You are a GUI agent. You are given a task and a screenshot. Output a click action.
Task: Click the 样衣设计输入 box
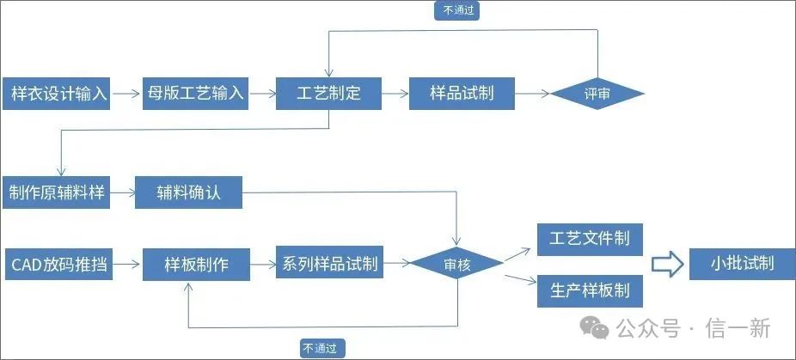tap(59, 93)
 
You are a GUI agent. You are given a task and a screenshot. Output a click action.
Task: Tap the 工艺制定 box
tap(328, 93)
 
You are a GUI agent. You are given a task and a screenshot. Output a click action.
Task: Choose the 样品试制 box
tap(462, 93)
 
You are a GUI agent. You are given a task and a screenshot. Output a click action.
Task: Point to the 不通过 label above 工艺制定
tap(457, 10)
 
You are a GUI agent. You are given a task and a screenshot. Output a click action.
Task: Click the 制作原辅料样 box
tap(57, 192)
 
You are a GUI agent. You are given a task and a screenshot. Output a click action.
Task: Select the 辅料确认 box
tap(188, 192)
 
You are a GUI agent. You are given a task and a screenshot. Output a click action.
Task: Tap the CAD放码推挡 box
tap(59, 264)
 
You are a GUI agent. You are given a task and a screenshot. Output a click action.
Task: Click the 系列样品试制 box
tap(329, 264)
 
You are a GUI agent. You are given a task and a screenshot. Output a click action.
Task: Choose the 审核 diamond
tap(456, 265)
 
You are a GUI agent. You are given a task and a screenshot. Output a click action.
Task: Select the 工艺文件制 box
tap(590, 238)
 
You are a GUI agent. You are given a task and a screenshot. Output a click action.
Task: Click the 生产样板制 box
tap(590, 290)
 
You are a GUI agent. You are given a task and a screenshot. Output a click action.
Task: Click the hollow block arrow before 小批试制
tap(665, 264)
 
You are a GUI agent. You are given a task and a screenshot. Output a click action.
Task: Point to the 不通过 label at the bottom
tap(323, 348)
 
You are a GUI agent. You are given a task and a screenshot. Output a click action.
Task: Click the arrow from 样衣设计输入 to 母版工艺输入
tap(127, 93)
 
